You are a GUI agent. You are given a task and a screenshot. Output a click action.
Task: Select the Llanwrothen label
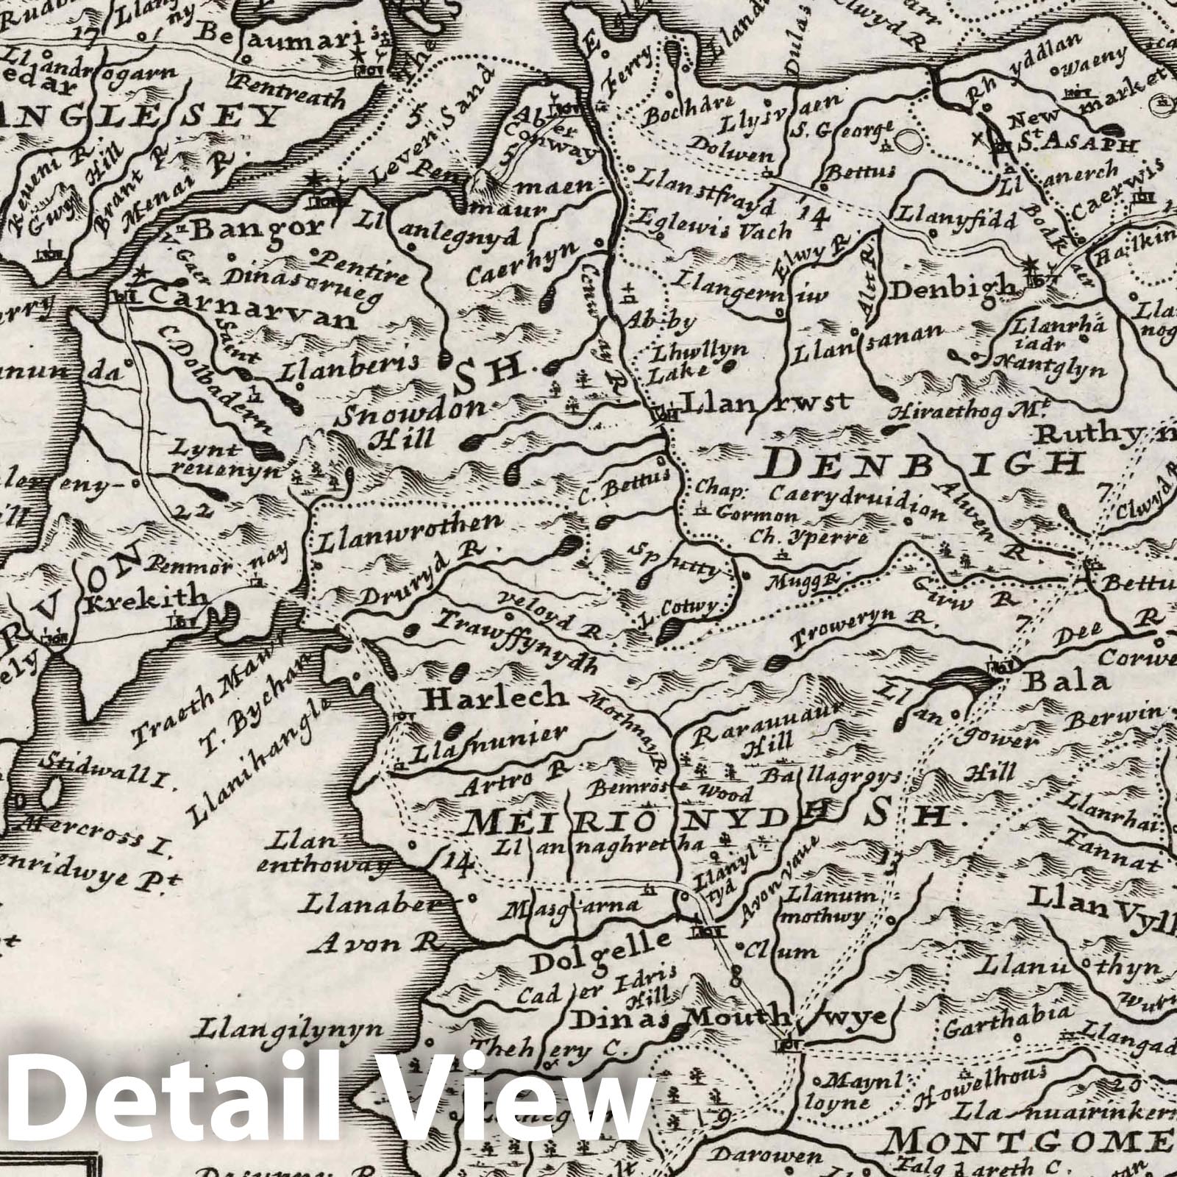(410, 535)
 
